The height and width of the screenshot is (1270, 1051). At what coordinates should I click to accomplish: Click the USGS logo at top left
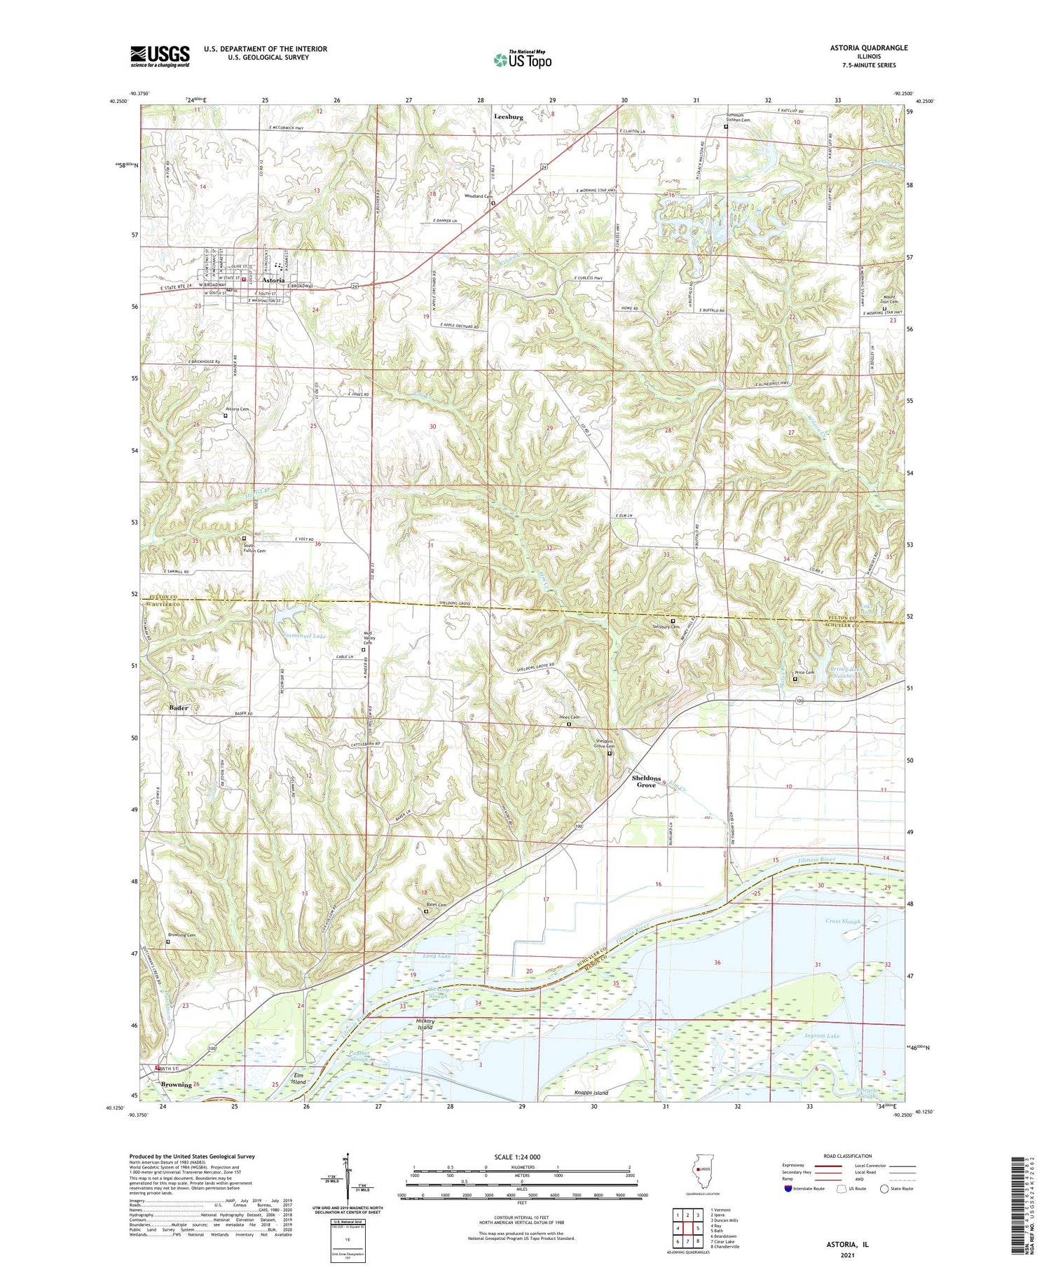point(160,57)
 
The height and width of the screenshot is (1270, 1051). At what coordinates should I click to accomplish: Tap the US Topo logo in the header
point(522,60)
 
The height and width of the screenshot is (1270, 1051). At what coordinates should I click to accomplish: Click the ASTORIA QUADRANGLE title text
point(865,48)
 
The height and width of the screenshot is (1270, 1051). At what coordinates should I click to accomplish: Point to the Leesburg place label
point(508,116)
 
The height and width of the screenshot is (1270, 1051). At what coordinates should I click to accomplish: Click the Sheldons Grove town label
point(646,781)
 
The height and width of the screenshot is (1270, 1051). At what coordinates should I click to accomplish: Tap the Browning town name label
point(176,1084)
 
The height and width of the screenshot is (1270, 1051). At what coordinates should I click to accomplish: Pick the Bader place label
point(179,708)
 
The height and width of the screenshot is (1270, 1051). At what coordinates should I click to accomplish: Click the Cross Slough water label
point(842,921)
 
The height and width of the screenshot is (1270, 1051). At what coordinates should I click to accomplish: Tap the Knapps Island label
point(586,1093)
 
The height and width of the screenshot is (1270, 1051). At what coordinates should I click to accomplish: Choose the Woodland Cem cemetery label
point(477,196)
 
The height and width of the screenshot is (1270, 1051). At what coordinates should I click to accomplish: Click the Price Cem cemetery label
point(804,672)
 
